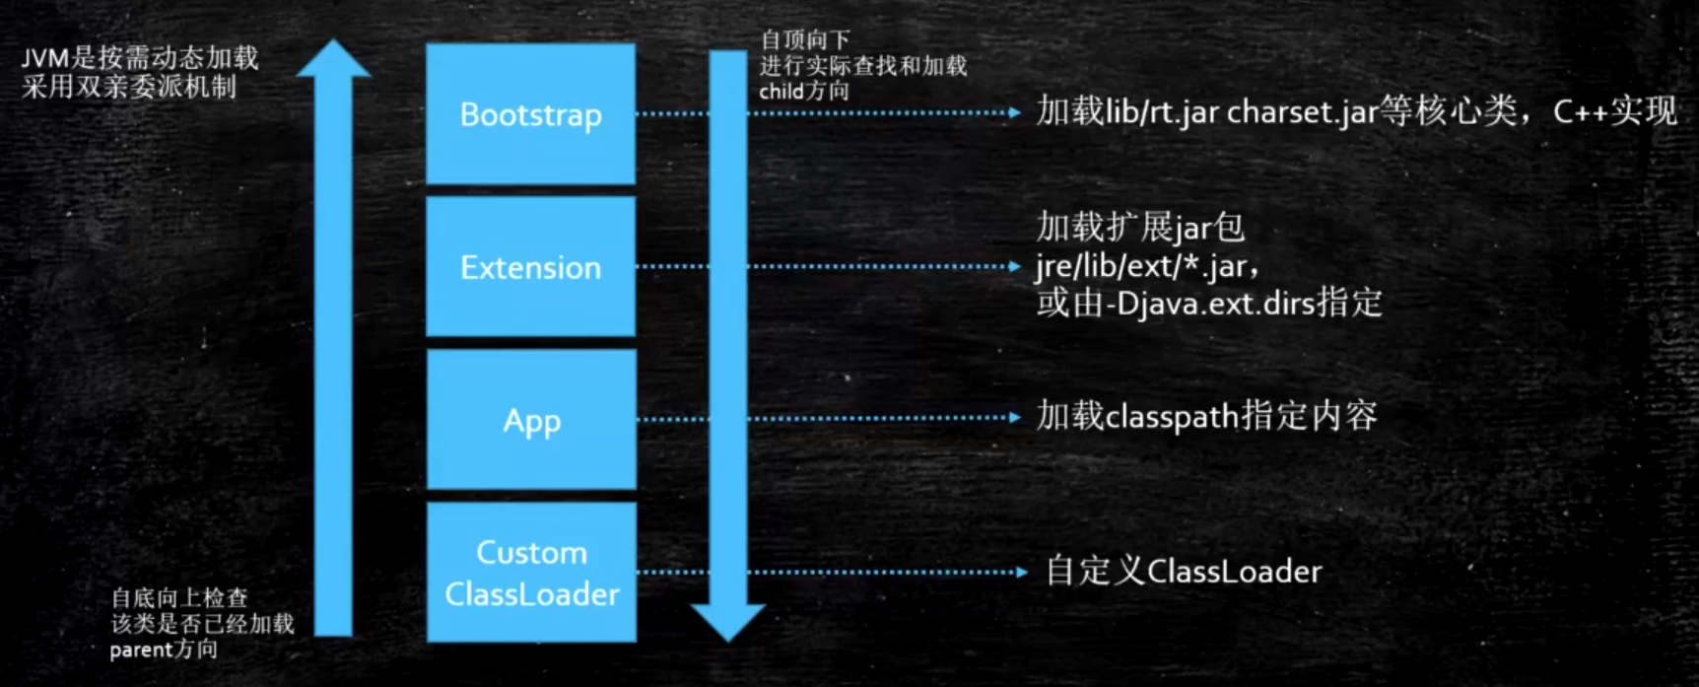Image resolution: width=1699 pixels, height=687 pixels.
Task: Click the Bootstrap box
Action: pyautogui.click(x=530, y=114)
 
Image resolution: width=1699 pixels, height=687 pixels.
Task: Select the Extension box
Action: pyautogui.click(x=530, y=267)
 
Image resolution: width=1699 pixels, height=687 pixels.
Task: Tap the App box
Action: pyautogui.click(x=531, y=420)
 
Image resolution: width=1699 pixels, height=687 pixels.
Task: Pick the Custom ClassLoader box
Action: pyautogui.click(x=531, y=573)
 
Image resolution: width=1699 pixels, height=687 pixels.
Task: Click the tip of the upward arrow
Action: pyautogui.click(x=333, y=43)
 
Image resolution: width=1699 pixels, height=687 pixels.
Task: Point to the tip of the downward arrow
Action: pyautogui.click(x=728, y=638)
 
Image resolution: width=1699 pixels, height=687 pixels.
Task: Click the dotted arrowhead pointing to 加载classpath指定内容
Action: pyautogui.click(x=1015, y=418)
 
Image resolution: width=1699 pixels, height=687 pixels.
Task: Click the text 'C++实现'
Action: pyautogui.click(x=1614, y=111)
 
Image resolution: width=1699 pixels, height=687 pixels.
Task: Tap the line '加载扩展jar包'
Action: pyautogui.click(x=1140, y=229)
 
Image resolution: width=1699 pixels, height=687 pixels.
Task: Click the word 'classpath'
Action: pyautogui.click(x=1172, y=418)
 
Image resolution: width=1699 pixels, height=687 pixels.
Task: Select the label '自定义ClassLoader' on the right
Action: pyautogui.click(x=1184, y=572)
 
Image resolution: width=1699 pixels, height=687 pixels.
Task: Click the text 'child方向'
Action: pyautogui.click(x=803, y=92)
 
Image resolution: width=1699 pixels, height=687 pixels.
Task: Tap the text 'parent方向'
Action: pyautogui.click(x=164, y=650)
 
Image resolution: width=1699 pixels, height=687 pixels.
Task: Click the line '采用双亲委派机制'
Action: pyautogui.click(x=129, y=87)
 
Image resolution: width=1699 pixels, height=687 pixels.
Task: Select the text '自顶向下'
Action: pyautogui.click(x=804, y=40)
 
